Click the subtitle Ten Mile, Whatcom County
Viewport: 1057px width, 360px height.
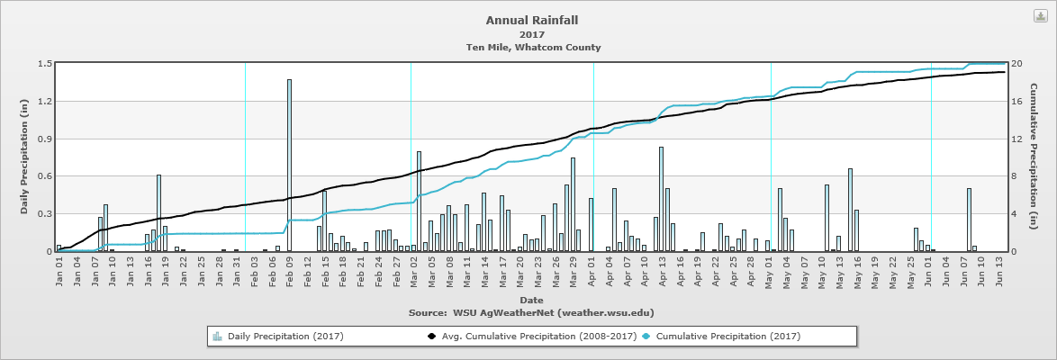pos(533,47)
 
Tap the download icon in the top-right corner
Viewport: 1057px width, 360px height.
pos(1038,16)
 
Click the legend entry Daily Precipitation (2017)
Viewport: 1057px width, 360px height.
pos(278,337)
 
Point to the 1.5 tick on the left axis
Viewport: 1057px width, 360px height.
pos(44,63)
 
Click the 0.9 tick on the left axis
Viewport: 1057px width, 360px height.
pos(44,139)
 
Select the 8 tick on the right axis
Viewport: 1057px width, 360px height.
pos(1014,176)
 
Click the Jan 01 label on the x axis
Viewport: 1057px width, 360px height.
pos(59,274)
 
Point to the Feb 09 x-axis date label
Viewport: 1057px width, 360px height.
pos(289,274)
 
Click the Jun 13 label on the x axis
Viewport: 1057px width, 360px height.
pos(1000,274)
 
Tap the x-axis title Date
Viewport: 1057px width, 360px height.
pos(531,300)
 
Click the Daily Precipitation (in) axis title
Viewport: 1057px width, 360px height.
pos(24,157)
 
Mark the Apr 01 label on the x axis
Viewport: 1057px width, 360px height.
pos(591,274)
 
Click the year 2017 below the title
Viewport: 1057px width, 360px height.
pos(533,34)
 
